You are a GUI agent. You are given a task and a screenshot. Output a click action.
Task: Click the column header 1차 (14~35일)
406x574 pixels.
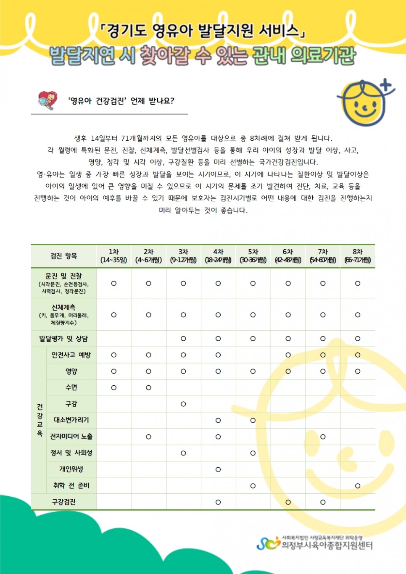(113, 256)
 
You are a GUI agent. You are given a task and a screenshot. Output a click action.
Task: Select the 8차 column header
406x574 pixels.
(357, 256)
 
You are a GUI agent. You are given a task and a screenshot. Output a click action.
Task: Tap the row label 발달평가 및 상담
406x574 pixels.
(63, 339)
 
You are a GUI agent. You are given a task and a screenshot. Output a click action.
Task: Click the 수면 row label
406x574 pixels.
(71, 387)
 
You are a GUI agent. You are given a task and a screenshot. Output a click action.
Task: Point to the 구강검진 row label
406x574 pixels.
(63, 502)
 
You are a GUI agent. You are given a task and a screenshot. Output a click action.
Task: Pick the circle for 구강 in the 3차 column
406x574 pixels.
(183, 404)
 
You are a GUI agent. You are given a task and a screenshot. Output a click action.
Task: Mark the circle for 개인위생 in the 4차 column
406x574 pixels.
(218, 469)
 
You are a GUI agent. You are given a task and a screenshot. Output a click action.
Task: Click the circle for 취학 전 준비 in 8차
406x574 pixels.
(358, 486)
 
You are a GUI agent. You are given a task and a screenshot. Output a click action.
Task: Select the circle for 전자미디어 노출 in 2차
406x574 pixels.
(148, 437)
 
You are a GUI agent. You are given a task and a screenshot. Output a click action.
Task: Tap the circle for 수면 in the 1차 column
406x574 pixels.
(113, 387)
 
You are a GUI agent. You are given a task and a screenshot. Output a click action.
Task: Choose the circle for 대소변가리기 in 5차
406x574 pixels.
(253, 420)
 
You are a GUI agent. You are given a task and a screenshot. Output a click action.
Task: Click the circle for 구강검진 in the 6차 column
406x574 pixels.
(288, 502)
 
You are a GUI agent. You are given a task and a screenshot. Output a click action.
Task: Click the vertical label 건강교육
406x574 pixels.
(40, 420)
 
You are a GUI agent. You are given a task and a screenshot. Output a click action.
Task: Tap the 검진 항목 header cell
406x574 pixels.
(63, 256)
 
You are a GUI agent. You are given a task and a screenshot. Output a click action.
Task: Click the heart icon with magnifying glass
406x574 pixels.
(47, 100)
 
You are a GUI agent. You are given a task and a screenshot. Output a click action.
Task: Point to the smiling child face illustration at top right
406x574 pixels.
(364, 103)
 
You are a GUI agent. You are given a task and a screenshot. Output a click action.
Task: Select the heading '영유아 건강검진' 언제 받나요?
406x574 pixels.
(121, 101)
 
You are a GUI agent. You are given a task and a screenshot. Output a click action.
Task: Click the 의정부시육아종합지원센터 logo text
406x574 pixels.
(327, 545)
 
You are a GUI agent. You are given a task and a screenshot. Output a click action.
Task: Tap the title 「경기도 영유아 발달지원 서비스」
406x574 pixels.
(203, 30)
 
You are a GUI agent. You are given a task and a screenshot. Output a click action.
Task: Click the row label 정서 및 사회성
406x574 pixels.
(71, 453)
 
